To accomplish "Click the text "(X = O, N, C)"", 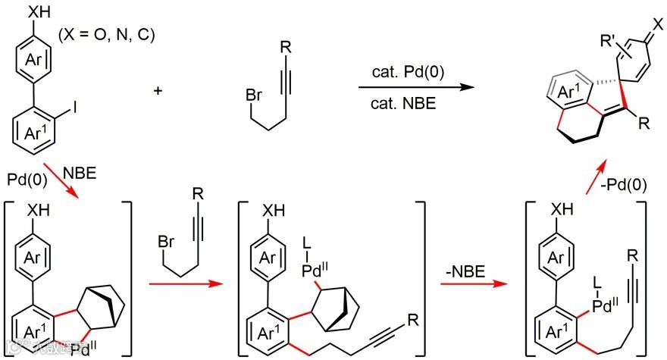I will [106, 36].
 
